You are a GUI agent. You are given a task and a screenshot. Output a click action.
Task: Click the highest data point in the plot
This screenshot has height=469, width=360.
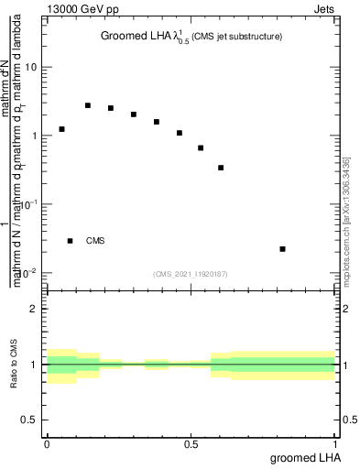(x=88, y=105)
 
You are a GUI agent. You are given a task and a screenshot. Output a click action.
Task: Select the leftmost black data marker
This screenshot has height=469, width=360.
(x=61, y=129)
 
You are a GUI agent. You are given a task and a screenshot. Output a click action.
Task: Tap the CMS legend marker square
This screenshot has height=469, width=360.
(x=71, y=241)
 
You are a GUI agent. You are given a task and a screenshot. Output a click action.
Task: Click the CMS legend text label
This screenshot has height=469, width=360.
(x=95, y=241)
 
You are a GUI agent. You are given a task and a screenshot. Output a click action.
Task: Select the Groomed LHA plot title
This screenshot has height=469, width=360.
(x=191, y=37)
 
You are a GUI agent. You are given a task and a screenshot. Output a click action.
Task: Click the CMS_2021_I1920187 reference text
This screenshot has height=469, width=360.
(x=191, y=274)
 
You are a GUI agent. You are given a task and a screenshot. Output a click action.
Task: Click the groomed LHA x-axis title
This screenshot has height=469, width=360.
(x=304, y=456)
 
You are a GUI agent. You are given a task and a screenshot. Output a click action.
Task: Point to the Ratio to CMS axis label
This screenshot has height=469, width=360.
(x=14, y=365)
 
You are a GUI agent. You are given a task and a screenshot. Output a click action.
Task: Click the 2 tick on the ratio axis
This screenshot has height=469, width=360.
(x=35, y=309)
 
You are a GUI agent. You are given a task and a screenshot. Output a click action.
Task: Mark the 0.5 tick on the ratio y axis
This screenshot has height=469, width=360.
(x=30, y=420)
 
